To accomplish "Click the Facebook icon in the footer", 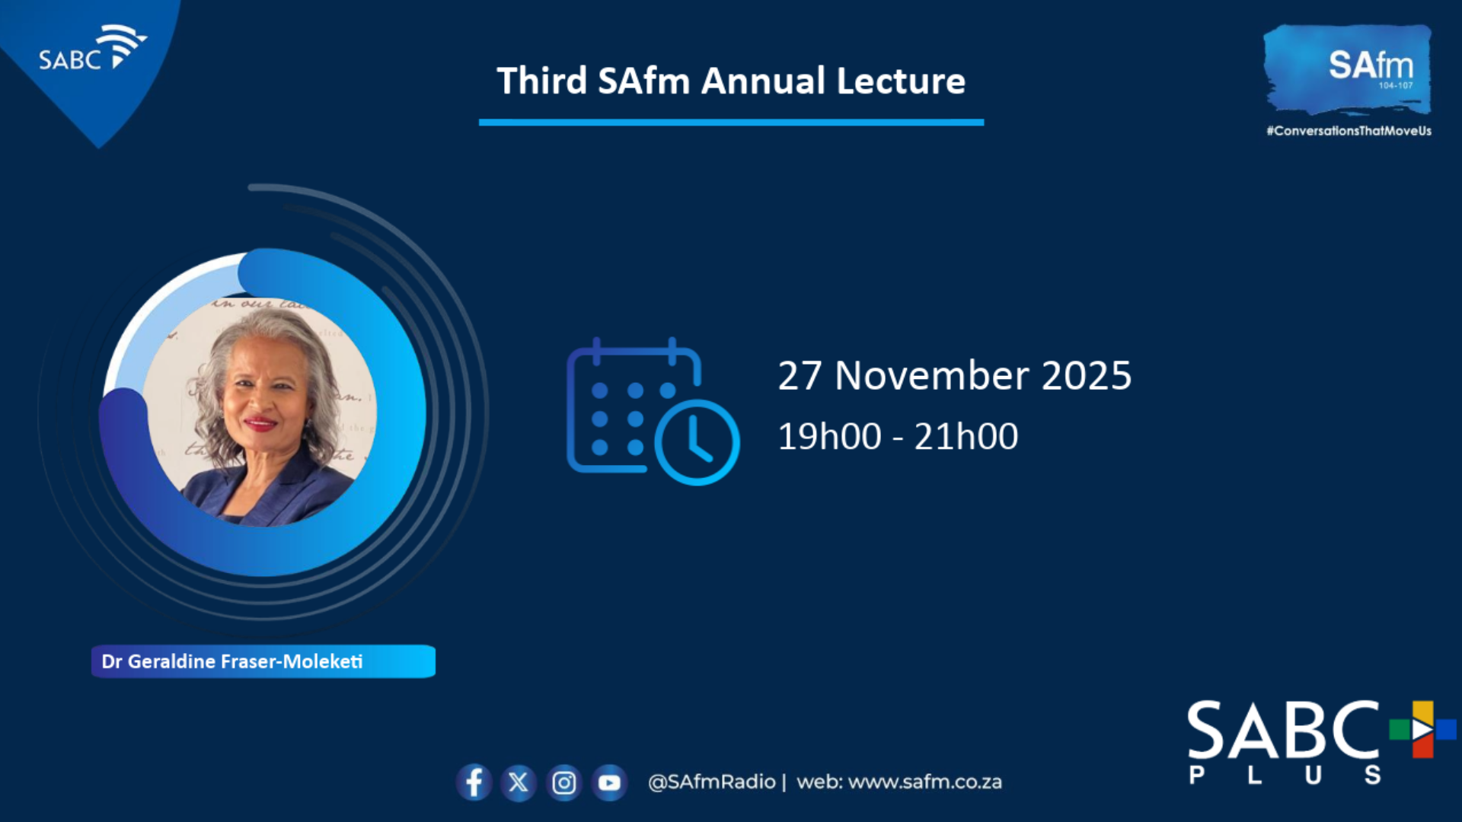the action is pos(474,782).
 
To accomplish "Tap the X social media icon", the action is pos(519,782).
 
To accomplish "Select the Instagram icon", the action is pos(564,782).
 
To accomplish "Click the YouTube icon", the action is pos(609,782).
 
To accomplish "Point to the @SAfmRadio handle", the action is pos(711,782).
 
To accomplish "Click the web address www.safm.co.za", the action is pos(925,782).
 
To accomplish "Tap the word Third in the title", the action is pos(541,81).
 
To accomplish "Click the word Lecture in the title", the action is pos(901,81).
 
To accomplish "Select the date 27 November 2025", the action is pos(955,375).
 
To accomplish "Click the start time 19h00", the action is pos(829,436).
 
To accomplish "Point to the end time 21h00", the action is pos(966,436).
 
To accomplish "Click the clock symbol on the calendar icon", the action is pos(697,442).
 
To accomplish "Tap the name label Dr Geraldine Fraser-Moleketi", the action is pos(232,661).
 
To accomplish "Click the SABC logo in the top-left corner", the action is pos(91,50).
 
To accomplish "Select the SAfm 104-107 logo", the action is pos(1348,68).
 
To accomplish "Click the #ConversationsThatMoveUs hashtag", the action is pos(1349,131).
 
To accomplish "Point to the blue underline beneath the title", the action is pos(731,122).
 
